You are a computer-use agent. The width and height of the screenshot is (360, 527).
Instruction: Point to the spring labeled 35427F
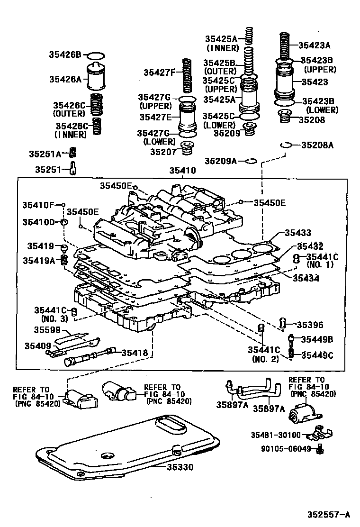click(188, 76)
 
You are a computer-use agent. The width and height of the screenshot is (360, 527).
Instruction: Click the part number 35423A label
click(314, 45)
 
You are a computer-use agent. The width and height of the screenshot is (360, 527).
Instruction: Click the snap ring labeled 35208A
click(285, 145)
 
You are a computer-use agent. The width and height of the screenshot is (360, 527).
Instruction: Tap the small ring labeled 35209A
click(252, 161)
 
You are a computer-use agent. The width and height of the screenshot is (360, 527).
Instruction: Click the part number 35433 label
click(298, 233)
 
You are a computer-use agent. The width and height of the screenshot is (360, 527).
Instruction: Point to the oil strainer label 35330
click(180, 467)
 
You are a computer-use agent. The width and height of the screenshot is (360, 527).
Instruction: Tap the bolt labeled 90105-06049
click(320, 448)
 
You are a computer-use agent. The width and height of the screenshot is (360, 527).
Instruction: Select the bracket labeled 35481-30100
click(322, 433)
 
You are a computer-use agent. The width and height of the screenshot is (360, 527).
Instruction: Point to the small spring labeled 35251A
click(73, 153)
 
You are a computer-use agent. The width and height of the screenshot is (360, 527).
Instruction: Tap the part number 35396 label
click(310, 325)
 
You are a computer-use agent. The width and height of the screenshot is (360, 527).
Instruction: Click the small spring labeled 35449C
click(292, 354)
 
